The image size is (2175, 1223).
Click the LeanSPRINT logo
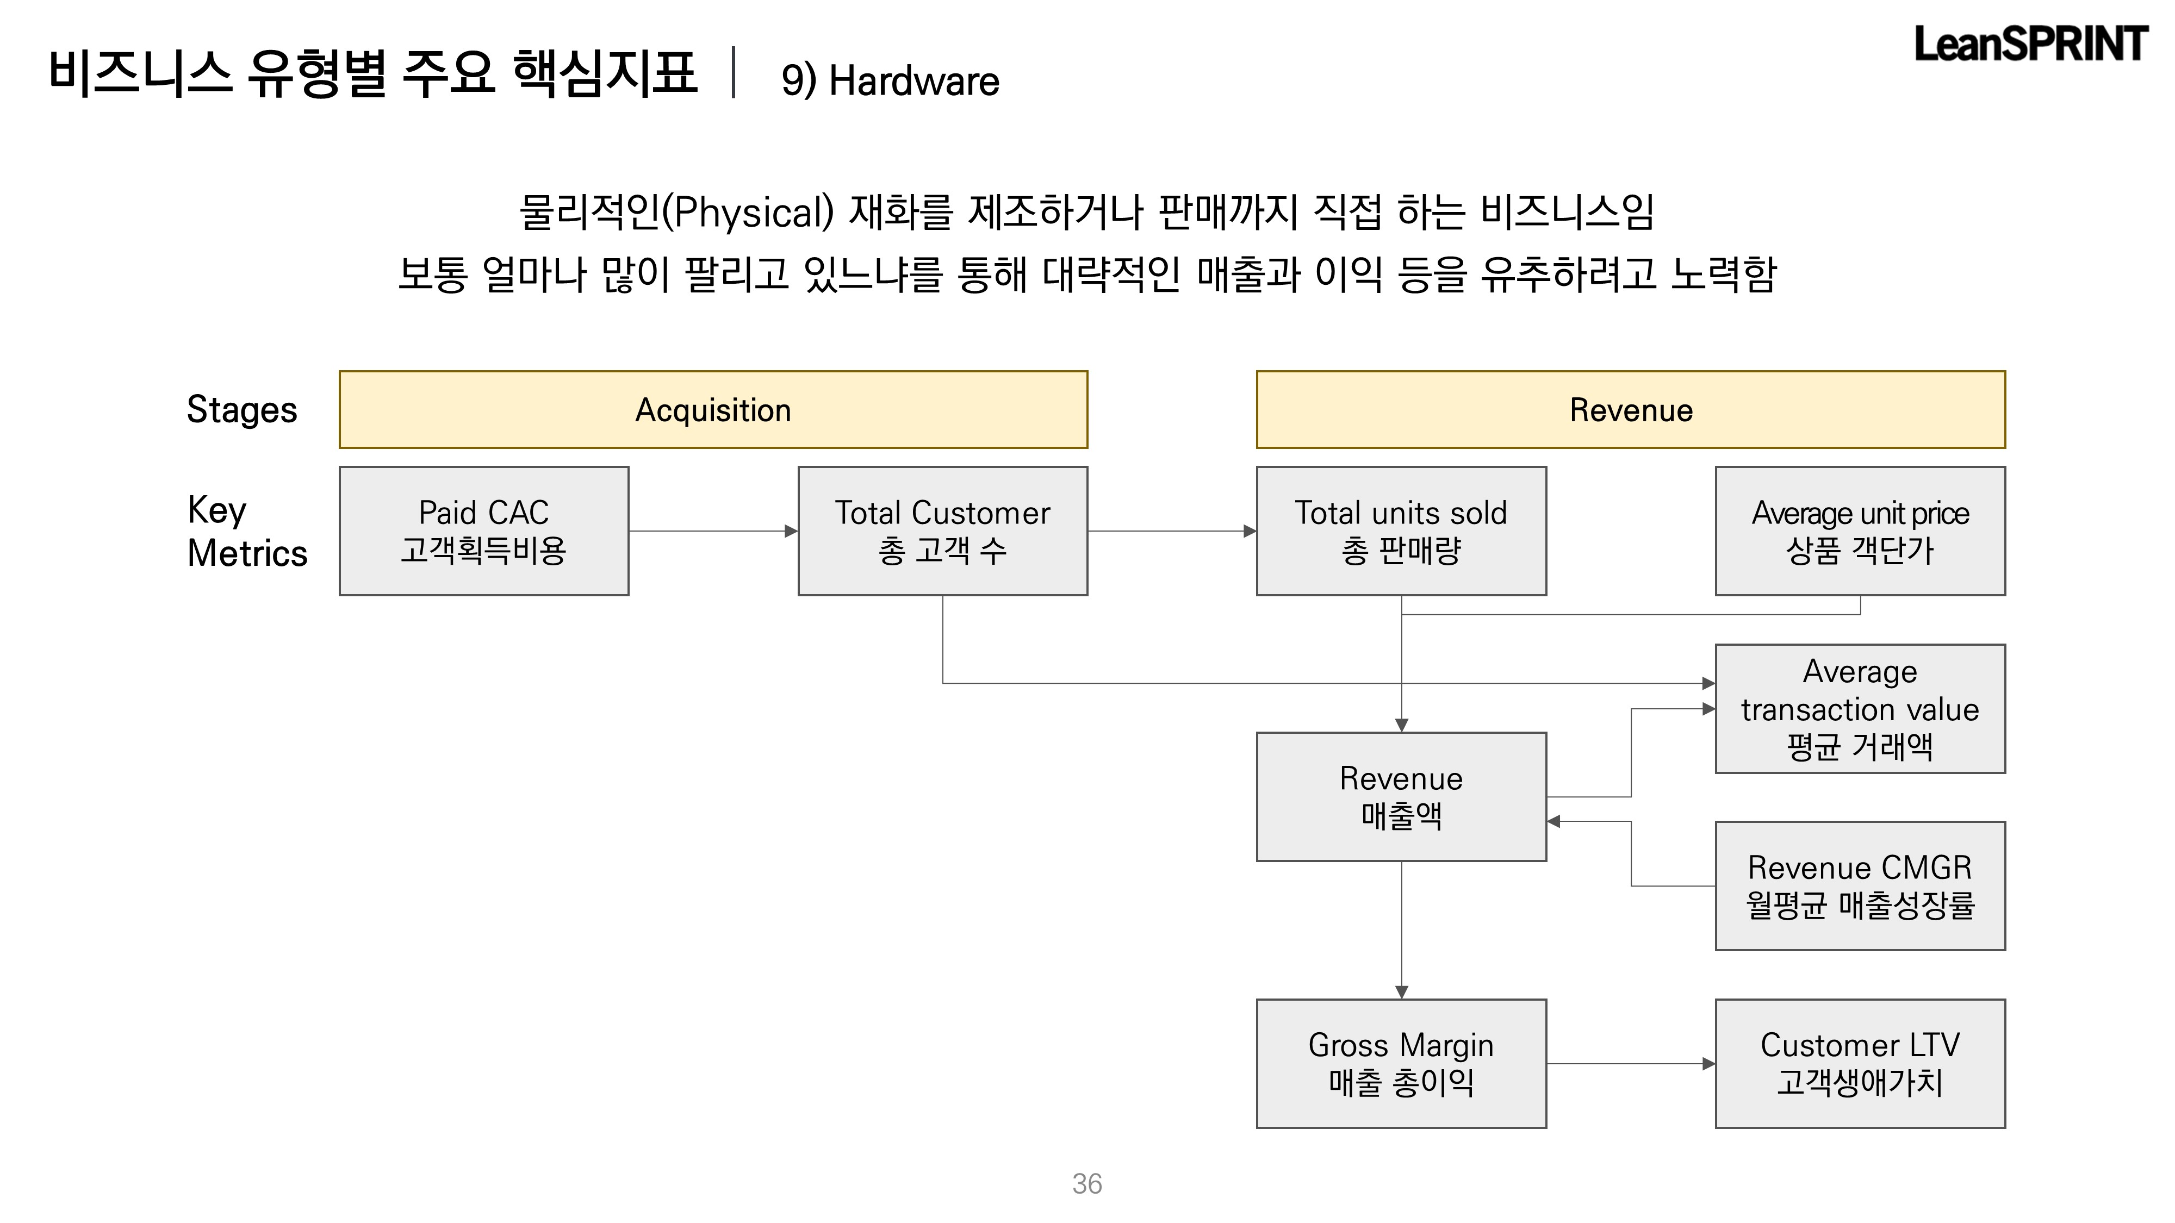[x=2030, y=44]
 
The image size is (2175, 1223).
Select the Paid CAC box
[x=484, y=531]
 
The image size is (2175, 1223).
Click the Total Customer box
[x=942, y=531]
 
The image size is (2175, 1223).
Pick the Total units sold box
[x=1401, y=531]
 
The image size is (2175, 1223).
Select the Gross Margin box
[x=1401, y=1064]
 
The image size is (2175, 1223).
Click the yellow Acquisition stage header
[x=713, y=409]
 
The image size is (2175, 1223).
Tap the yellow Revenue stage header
[x=1630, y=409]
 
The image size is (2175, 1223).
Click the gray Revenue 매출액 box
[x=1401, y=797]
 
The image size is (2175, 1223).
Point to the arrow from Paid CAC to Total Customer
[x=713, y=531]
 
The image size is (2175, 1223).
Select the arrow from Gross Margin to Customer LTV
[x=1630, y=1064]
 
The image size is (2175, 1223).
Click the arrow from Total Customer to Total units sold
[x=1172, y=531]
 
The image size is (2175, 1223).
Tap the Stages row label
[x=241, y=409]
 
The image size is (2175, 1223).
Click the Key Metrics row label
[x=246, y=532]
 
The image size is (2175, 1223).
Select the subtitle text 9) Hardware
[x=890, y=81]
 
